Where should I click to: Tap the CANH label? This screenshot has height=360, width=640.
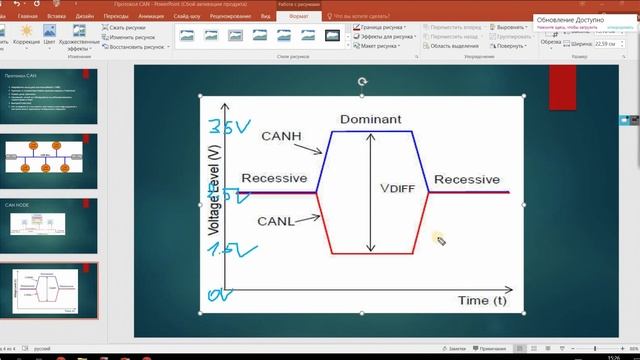(x=282, y=136)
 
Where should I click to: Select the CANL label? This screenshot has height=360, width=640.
(x=276, y=220)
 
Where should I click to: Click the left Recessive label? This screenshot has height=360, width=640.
(x=274, y=179)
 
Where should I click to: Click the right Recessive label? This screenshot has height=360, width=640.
(x=466, y=179)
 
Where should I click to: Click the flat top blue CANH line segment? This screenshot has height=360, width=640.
(x=371, y=131)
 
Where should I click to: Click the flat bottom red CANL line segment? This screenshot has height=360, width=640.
(x=371, y=254)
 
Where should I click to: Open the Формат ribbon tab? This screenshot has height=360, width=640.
(x=297, y=16)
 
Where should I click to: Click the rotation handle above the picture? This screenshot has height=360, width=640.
(x=362, y=81)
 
